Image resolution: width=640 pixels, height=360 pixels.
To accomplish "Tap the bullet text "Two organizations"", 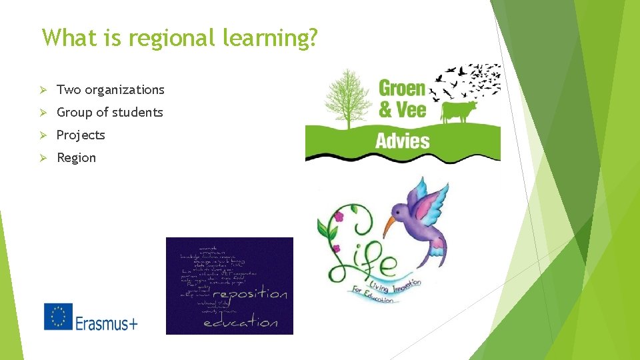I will pyautogui.click(x=110, y=89).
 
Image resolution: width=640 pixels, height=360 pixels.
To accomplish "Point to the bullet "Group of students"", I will pyautogui.click(x=109, y=112).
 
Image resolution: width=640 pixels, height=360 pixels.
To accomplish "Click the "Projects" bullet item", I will pyautogui.click(x=81, y=135).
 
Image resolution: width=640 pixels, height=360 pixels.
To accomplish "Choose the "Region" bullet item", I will pyautogui.click(x=76, y=157).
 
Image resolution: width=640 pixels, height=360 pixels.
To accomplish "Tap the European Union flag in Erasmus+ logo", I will pyautogui.click(x=58, y=317).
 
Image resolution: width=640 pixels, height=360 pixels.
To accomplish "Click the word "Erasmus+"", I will pyautogui.click(x=107, y=323).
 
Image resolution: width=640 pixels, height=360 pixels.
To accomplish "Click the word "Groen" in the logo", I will pyautogui.click(x=401, y=87).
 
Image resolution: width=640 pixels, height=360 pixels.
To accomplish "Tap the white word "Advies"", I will pyautogui.click(x=402, y=140).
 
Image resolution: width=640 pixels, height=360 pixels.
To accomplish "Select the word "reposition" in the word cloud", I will pyautogui.click(x=249, y=294).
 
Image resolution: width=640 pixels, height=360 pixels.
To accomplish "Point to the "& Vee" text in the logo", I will pyautogui.click(x=402, y=109).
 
